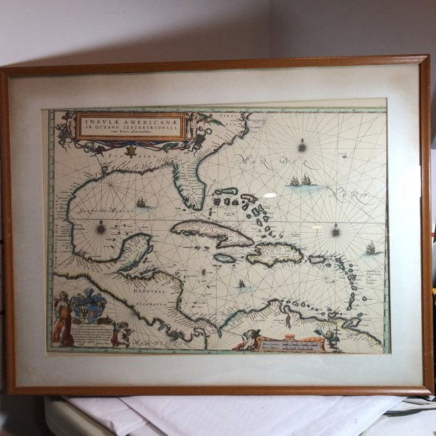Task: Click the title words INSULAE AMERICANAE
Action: pos(131,121)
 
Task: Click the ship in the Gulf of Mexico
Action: pos(141,203)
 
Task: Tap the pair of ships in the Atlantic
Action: pos(300,181)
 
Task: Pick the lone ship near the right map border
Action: pos(370,248)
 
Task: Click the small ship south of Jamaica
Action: pos(241,284)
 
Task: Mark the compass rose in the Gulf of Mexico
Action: pos(101,228)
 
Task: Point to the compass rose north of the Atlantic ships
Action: pos(302,146)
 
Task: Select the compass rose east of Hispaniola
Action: pos(335,231)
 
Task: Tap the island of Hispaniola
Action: pos(275,253)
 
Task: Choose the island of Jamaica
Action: pos(225,258)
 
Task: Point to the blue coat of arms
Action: pos(89,307)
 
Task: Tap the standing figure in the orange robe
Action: pos(62,321)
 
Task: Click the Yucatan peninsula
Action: pos(138,250)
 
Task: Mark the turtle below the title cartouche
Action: pos(132,151)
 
